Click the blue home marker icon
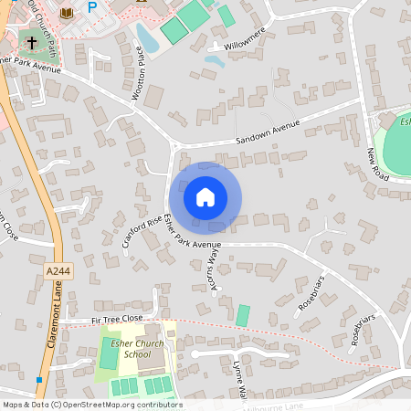205,196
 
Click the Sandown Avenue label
268,132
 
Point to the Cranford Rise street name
142,231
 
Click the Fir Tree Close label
118,320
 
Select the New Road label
377,164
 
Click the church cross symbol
31,42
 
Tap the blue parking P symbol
92,6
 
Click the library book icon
66,12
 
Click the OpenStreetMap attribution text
91,405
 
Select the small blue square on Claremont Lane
39,379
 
